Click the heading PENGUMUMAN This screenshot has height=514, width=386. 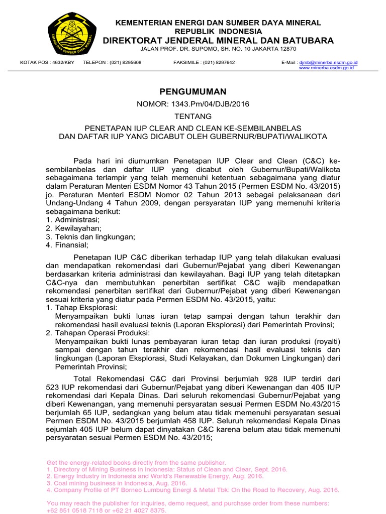pyautogui.click(x=193, y=91)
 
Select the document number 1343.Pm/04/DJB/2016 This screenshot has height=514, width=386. pyautogui.click(x=211, y=104)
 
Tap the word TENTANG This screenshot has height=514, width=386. pyautogui.click(x=193, y=116)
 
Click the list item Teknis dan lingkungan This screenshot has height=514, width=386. pyautogui.click(x=94, y=237)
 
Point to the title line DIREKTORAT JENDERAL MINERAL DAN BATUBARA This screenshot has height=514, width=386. pyautogui.click(x=218, y=40)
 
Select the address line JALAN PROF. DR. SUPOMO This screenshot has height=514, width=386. pyautogui.click(x=218, y=49)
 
